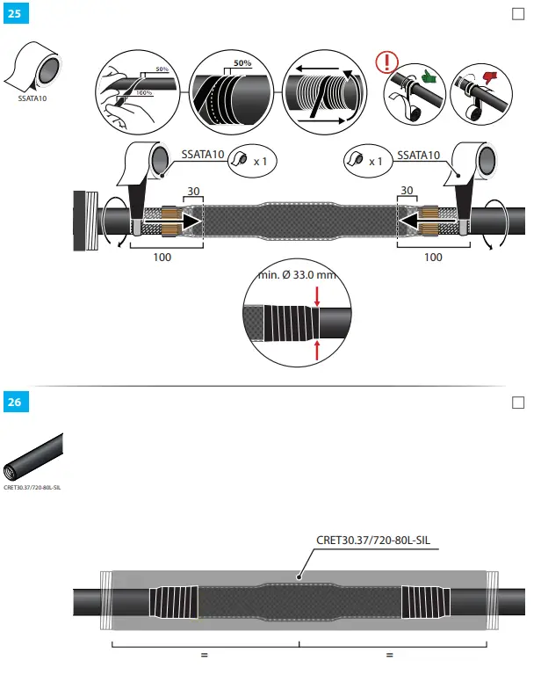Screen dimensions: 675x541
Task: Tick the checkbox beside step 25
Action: (517, 13)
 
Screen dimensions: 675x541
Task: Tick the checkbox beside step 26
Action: (517, 403)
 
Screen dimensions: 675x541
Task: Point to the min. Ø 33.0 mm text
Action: (297, 275)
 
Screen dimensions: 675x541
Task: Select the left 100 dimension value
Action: (162, 258)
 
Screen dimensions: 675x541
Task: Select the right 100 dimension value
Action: (433, 258)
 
